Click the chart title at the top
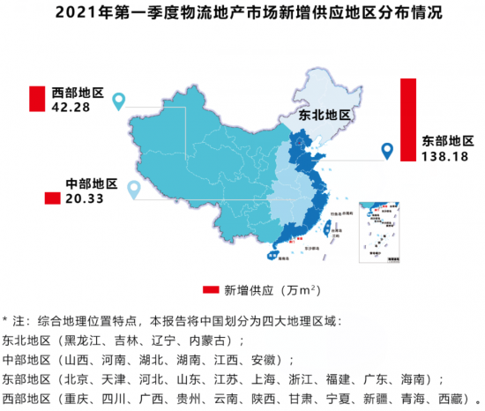point(242,14)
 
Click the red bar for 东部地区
point(408,120)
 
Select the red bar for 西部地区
point(36,98)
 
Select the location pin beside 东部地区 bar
point(386,152)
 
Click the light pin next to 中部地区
point(134,190)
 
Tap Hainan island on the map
point(271,256)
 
